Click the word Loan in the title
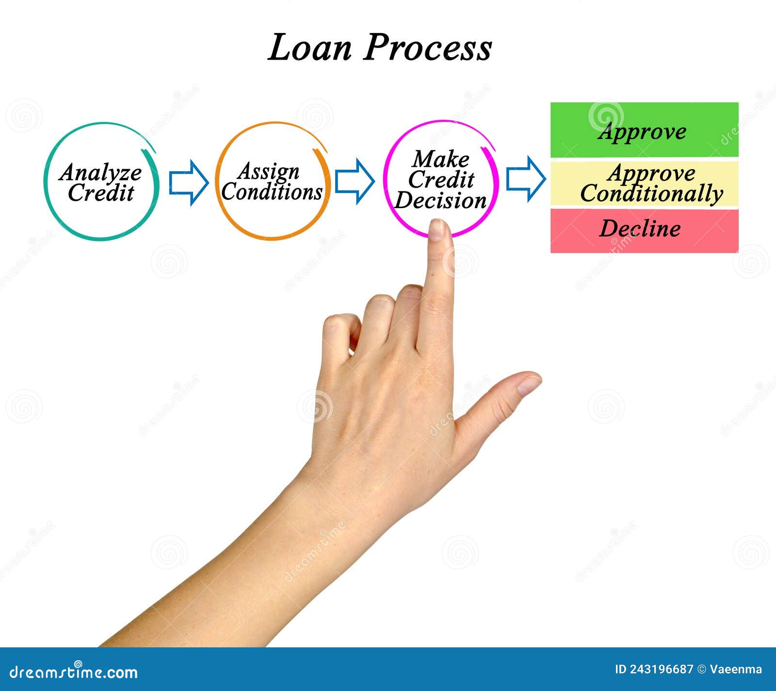(x=309, y=48)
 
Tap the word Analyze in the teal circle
(x=100, y=172)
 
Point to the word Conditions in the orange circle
(x=272, y=192)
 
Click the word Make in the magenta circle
(x=441, y=159)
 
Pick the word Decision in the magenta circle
(x=440, y=200)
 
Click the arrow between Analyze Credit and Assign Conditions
(x=188, y=182)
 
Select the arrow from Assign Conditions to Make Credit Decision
(x=355, y=180)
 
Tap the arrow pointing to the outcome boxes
(x=525, y=179)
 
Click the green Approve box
(x=644, y=130)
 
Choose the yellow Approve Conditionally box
(x=644, y=183)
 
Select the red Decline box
(x=644, y=230)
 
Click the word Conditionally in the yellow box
(x=651, y=193)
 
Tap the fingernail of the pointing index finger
(x=437, y=229)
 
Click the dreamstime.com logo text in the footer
(x=74, y=672)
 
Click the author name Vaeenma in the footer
(x=736, y=670)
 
